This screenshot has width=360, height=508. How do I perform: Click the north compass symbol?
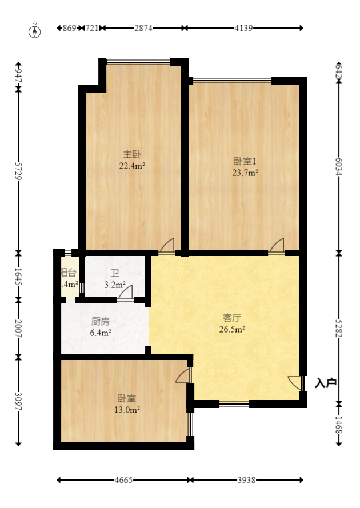coord(35,31)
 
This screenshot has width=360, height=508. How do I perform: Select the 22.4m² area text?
coord(132,166)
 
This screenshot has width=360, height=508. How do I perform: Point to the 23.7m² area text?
coord(245,172)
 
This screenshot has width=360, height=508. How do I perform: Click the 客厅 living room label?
coord(232,318)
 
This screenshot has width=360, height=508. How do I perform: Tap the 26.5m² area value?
coord(232,329)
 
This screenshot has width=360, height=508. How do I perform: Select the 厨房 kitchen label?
coord(101,321)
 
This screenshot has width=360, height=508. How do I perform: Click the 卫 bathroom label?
coord(106,273)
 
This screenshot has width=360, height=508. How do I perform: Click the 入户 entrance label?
coord(326,383)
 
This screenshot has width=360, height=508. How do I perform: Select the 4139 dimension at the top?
coord(243,27)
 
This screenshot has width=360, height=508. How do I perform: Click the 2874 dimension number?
coord(143,27)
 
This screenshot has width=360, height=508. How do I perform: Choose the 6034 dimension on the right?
coord(339,167)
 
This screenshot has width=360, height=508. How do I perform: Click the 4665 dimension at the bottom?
coord(123,480)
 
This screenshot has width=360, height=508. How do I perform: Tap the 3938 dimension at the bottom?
coord(246,480)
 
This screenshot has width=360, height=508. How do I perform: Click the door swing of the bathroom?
coord(126,291)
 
